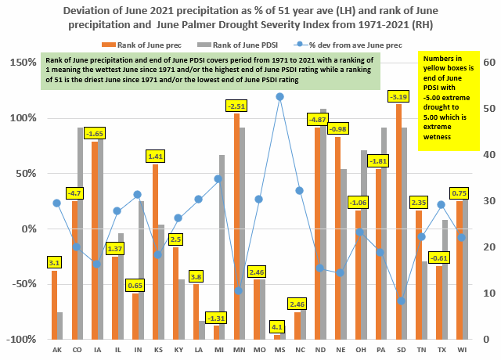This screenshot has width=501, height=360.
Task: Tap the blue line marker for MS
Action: click(x=279, y=97)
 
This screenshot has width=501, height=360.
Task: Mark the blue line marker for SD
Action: click(x=402, y=301)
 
